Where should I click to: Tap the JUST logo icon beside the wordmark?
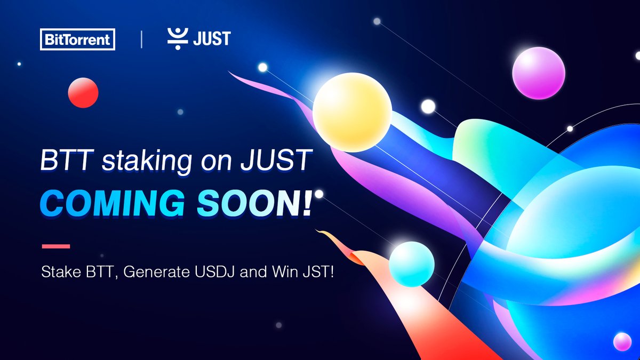(175, 39)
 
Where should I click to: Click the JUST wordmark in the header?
(212, 39)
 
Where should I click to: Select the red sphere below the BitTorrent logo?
(83, 93)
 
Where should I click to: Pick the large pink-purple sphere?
(538, 73)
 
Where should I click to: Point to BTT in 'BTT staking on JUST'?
(62, 162)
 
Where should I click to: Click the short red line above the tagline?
(55, 246)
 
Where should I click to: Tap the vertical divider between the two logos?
(141, 39)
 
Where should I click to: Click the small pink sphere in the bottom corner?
(622, 341)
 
